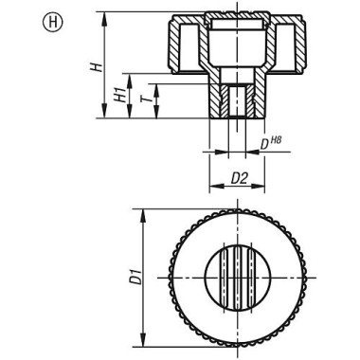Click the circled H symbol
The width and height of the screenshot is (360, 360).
[20, 20]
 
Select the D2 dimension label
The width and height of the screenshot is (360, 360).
[240, 177]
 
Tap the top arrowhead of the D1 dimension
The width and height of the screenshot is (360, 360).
[141, 211]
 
